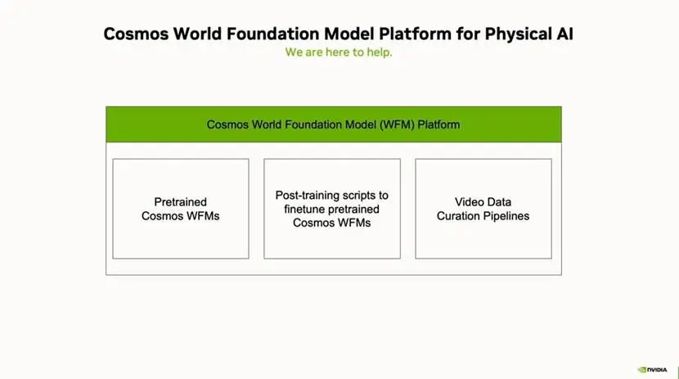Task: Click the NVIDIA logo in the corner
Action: pos(652,369)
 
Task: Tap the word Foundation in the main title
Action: pos(273,34)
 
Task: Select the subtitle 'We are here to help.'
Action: pos(339,52)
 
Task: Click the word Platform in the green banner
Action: pos(438,124)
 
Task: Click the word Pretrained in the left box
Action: pos(181,202)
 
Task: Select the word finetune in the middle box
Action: pos(304,210)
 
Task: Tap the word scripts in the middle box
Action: pos(356,196)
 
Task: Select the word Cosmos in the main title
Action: pos(136,34)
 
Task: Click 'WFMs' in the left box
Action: pos(204,216)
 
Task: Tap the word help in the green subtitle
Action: pos(379,52)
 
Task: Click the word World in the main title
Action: pos(197,34)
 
